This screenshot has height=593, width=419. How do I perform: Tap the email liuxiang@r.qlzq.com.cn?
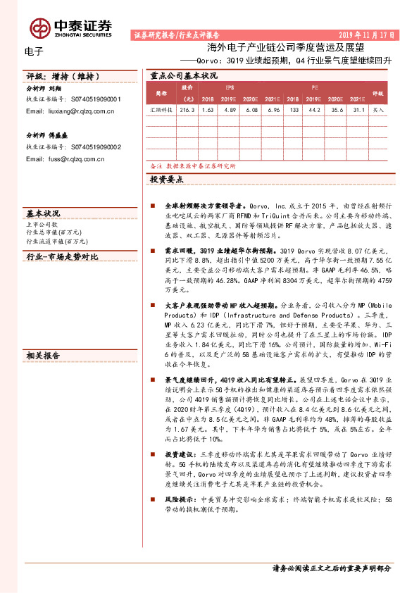[70, 111]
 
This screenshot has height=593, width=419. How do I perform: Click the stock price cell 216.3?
[187, 111]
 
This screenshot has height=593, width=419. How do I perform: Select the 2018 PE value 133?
[294, 111]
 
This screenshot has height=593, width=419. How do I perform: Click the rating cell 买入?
[378, 111]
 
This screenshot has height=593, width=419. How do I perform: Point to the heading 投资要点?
[167, 180]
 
